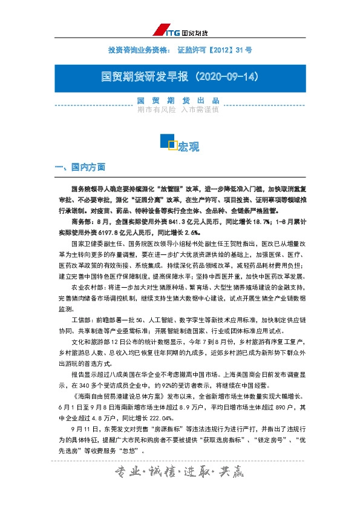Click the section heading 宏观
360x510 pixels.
pyautogui.click(x=188, y=147)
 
